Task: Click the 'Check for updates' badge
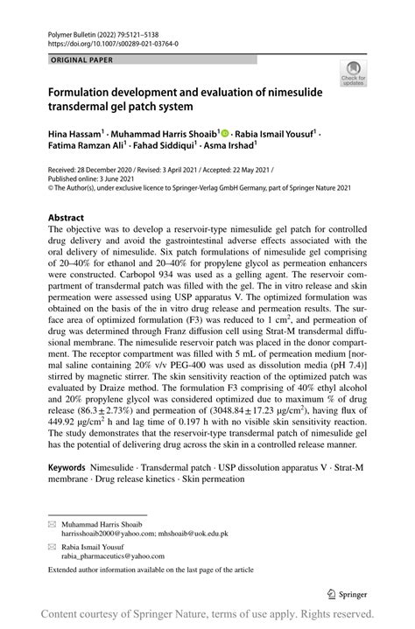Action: (355, 74)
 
